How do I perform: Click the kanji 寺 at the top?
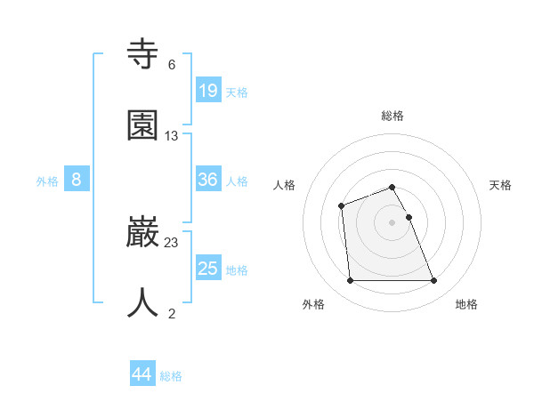pyautogui.click(x=143, y=57)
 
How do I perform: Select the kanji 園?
pyautogui.click(x=143, y=126)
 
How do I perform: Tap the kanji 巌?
pyautogui.click(x=143, y=233)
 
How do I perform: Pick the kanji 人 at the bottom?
pyautogui.click(x=143, y=302)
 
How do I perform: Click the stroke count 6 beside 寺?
pyautogui.click(x=172, y=65)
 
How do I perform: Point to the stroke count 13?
pyautogui.click(x=172, y=135)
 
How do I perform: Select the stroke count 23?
pyautogui.click(x=172, y=242)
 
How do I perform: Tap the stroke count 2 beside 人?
pyautogui.click(x=172, y=312)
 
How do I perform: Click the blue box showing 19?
pyautogui.click(x=208, y=91)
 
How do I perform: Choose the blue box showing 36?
pyautogui.click(x=208, y=180)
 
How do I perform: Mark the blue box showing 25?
pyautogui.click(x=208, y=269)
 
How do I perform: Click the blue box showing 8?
pyautogui.click(x=77, y=180)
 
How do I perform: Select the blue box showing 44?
pyautogui.click(x=142, y=374)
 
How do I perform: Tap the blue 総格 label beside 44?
pyautogui.click(x=171, y=376)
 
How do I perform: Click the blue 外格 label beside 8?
pyautogui.click(x=47, y=181)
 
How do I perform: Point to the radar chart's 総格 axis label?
pyautogui.click(x=392, y=116)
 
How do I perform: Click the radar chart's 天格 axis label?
pyautogui.click(x=501, y=185)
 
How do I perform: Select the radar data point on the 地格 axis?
pyautogui.click(x=433, y=281)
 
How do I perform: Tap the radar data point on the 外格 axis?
pyautogui.click(x=351, y=281)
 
